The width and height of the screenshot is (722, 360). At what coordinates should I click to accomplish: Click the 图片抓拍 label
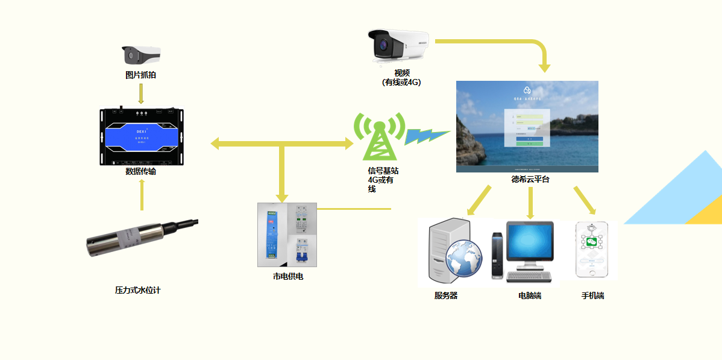(x=140, y=75)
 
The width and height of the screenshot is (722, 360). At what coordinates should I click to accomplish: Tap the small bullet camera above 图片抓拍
(x=142, y=55)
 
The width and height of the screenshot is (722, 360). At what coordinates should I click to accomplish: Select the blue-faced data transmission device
(x=141, y=137)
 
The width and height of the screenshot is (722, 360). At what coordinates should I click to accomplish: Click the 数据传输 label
(x=140, y=171)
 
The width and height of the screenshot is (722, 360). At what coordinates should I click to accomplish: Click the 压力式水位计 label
(x=138, y=290)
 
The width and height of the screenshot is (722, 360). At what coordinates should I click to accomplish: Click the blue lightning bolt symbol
(x=426, y=136)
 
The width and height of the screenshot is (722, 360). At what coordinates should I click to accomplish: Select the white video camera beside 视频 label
(x=399, y=45)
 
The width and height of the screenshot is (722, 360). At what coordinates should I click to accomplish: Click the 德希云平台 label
(x=530, y=179)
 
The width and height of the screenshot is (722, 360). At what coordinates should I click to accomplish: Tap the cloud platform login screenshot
(x=527, y=127)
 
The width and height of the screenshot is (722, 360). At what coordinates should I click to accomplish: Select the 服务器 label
(x=446, y=296)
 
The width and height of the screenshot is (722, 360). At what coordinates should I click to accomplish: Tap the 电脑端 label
(x=530, y=296)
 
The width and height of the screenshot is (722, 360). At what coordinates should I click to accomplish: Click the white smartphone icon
(x=592, y=250)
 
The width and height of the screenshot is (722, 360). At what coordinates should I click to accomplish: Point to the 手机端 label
(x=592, y=296)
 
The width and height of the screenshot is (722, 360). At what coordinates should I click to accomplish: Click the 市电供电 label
(x=288, y=276)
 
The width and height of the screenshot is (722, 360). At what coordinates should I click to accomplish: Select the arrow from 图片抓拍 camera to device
(x=141, y=93)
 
